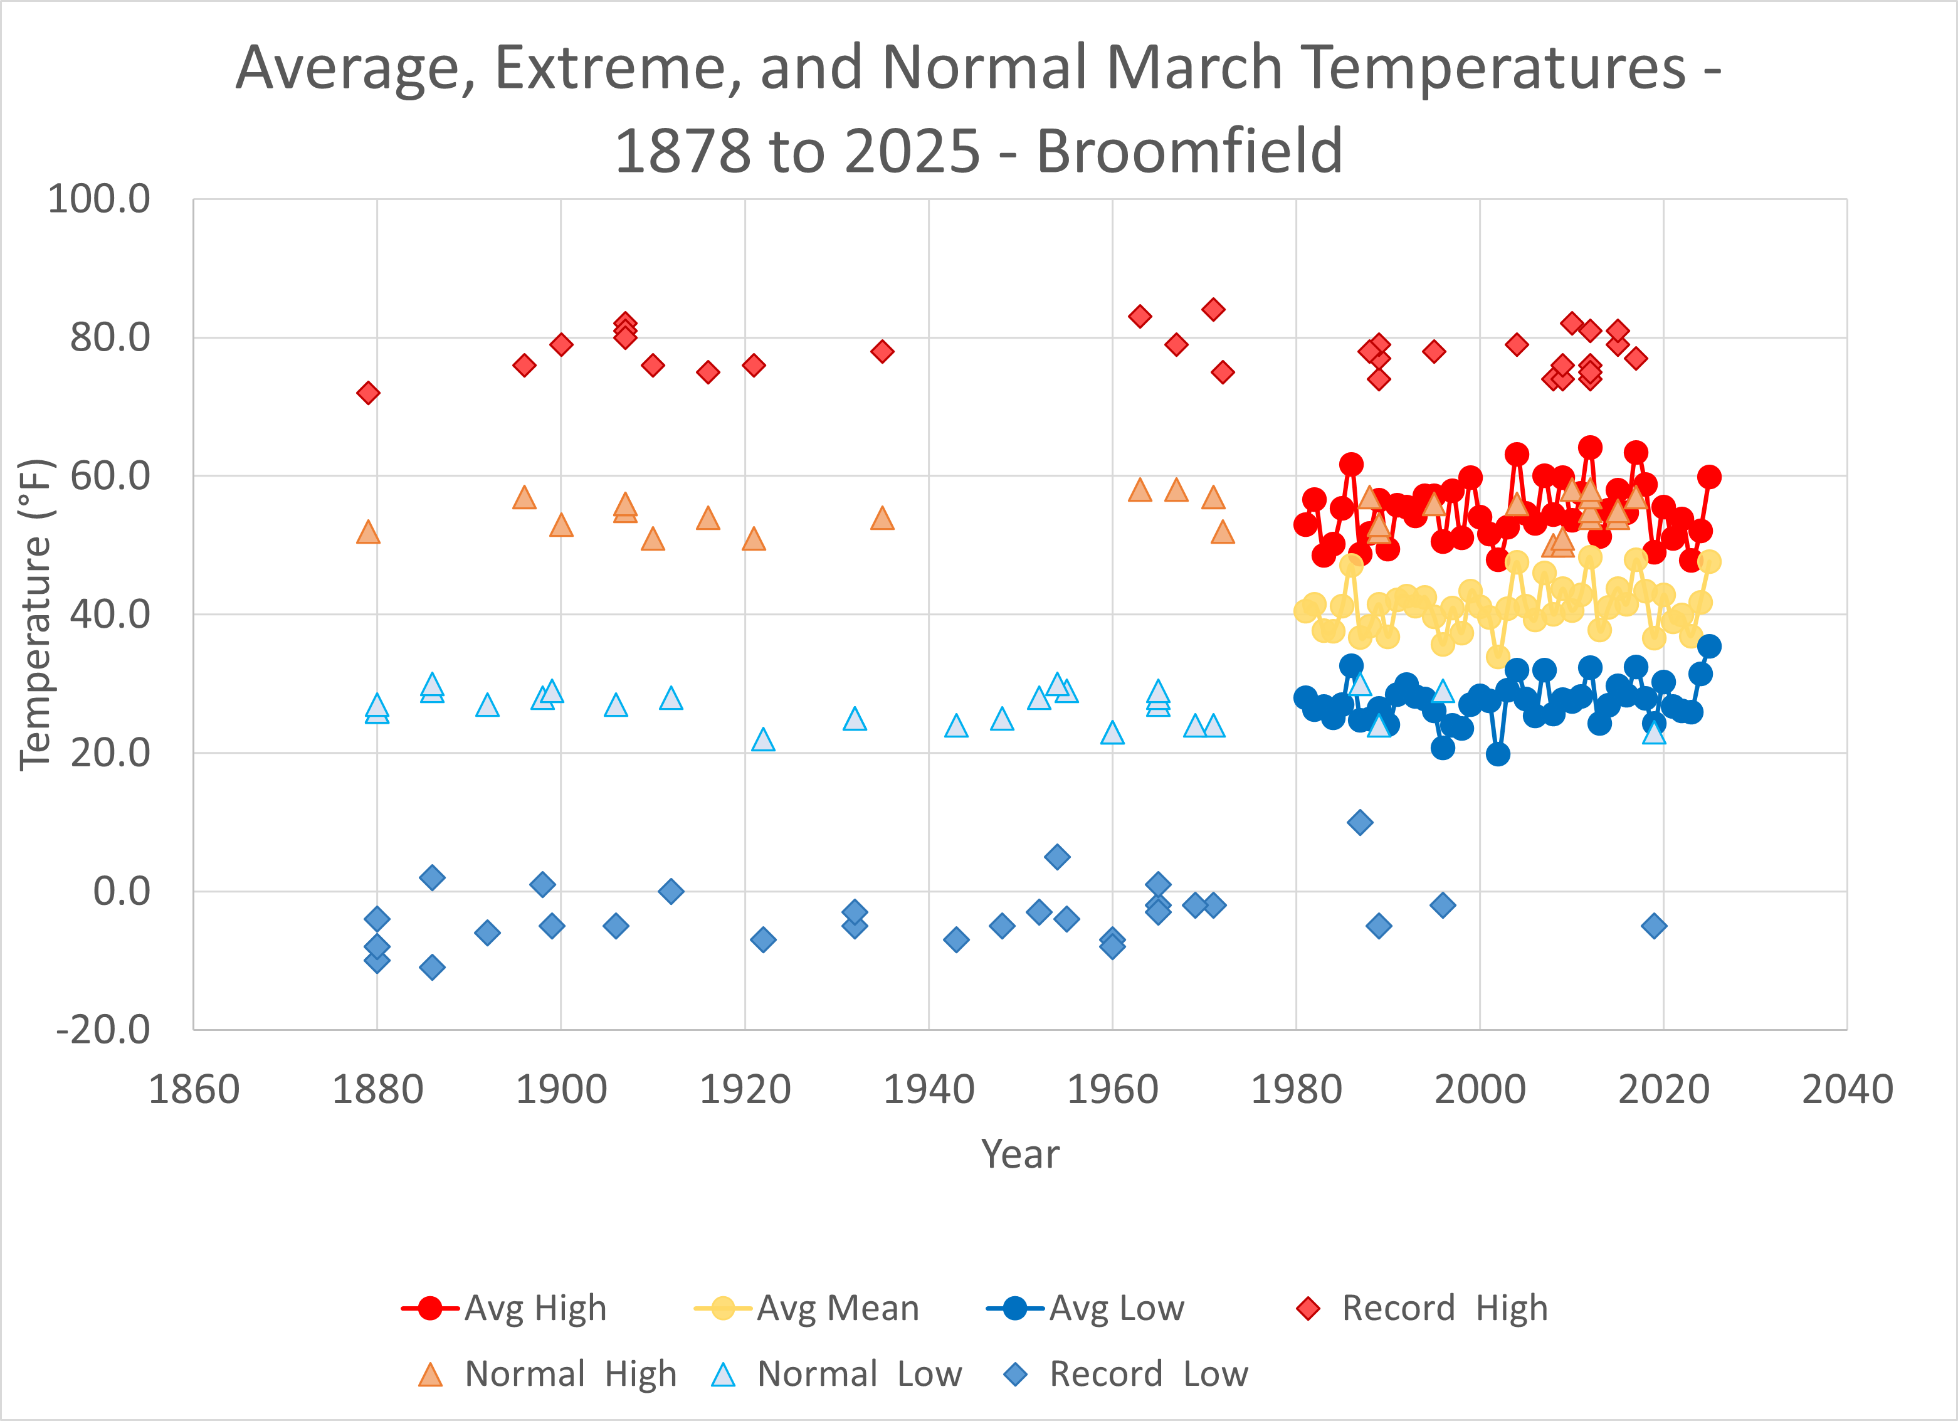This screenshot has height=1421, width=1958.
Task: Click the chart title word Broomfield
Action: click(x=1189, y=151)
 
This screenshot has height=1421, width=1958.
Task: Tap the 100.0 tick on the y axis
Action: click(x=98, y=199)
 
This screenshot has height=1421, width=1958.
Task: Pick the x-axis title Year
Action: click(x=1019, y=1154)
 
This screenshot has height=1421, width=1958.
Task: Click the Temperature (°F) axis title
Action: click(x=36, y=614)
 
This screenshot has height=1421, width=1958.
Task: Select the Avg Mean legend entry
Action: click(x=806, y=1308)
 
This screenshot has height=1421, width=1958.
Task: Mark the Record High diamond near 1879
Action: click(x=368, y=393)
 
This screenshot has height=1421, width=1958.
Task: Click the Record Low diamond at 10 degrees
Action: click(x=1360, y=822)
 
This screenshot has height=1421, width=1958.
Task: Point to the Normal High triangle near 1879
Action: click(x=368, y=532)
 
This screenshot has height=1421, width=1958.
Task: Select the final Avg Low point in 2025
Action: click(x=1708, y=646)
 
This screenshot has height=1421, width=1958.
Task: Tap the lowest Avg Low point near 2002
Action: click(x=1498, y=754)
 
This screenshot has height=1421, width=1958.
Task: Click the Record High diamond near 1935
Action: click(x=882, y=351)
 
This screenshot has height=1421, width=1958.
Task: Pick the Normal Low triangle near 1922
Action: click(x=763, y=740)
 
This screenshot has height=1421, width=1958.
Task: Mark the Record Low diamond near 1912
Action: click(x=671, y=891)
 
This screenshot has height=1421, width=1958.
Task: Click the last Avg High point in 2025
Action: click(x=1708, y=477)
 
